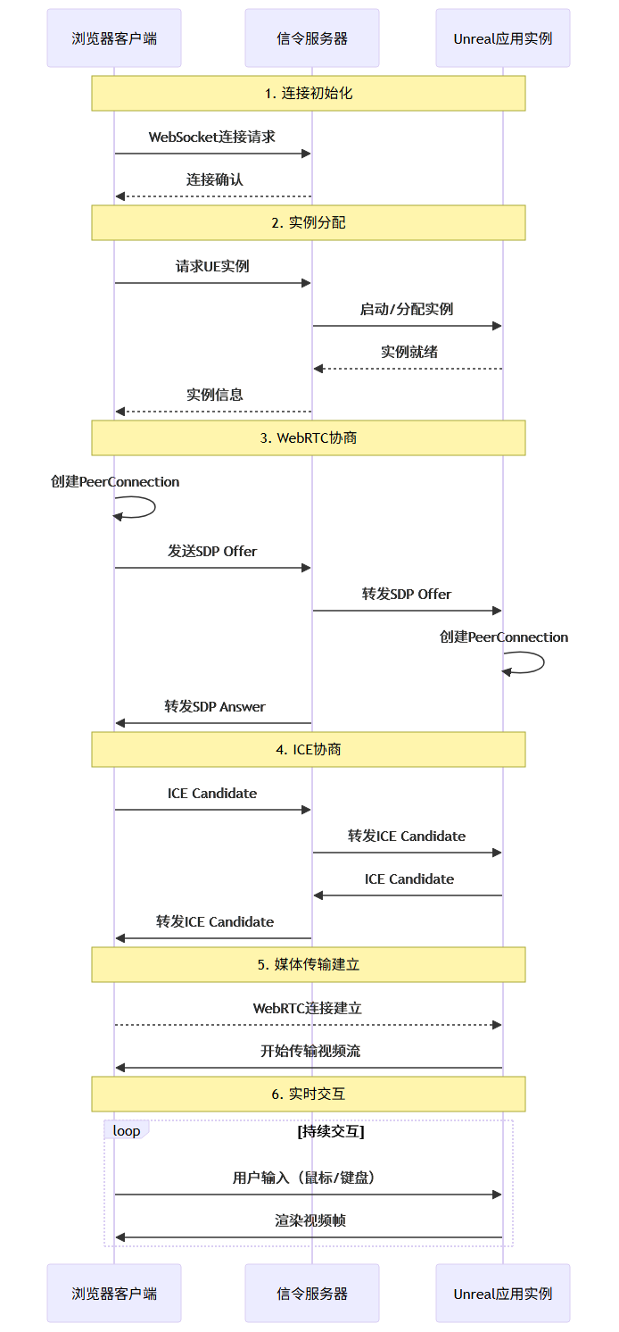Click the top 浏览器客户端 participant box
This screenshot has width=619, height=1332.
114,38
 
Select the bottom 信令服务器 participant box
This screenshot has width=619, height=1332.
312,1293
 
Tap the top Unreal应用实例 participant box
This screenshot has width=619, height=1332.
503,38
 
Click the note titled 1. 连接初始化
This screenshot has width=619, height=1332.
309,93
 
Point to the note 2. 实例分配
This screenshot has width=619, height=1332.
309,222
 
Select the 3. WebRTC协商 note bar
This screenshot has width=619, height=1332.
309,437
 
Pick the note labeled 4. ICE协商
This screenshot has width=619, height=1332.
309,749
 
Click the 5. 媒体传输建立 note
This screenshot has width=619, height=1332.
309,964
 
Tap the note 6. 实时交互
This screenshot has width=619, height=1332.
309,1094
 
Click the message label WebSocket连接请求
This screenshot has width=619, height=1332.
212,137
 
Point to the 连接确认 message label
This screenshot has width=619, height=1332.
214,179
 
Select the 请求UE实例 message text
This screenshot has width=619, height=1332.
212,266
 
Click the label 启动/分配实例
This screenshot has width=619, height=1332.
407,309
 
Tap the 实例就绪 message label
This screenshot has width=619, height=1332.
409,352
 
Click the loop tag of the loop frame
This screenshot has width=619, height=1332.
126,1130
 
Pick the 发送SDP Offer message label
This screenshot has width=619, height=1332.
212,551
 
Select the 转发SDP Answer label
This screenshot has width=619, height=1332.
214,706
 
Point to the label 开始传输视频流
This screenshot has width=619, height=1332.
310,1051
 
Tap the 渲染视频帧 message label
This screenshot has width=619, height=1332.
310,1220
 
